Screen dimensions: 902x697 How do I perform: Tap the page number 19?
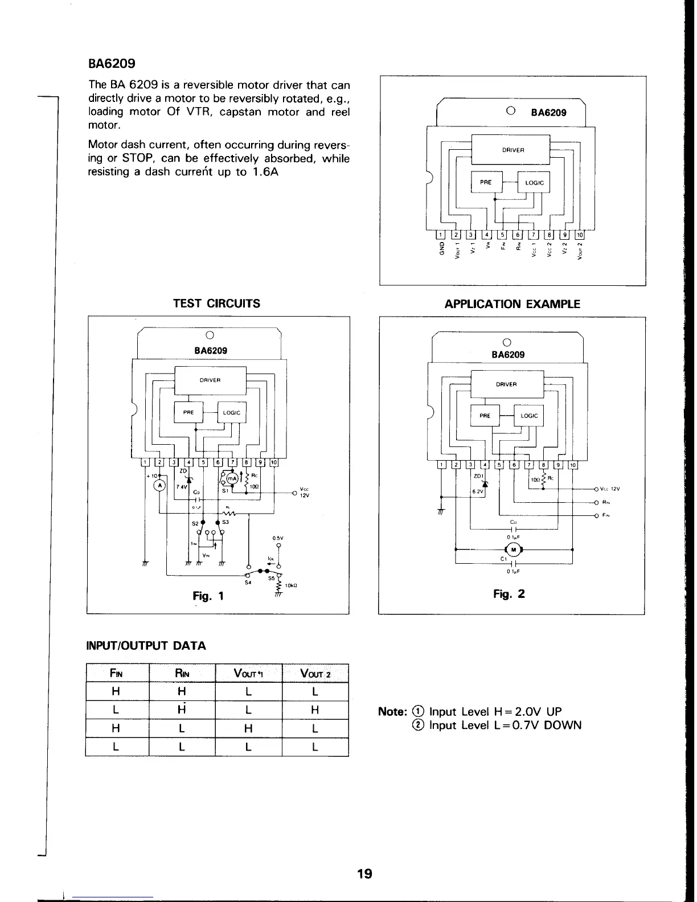click(364, 873)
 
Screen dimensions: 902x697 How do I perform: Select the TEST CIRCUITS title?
click(216, 304)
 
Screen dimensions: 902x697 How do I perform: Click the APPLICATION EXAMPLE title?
click(512, 304)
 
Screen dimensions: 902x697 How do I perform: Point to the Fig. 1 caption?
click(208, 596)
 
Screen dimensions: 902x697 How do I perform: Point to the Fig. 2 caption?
click(509, 594)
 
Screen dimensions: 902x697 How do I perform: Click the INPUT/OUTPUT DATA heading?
click(145, 646)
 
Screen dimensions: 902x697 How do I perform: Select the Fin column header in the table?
click(117, 674)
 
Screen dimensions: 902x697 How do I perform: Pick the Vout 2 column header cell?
click(315, 674)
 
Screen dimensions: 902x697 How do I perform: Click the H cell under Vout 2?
click(315, 710)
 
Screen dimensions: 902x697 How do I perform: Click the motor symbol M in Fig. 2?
click(514, 550)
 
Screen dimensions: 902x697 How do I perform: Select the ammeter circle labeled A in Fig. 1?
click(159, 485)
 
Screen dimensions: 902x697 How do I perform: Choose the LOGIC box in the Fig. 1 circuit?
click(232, 413)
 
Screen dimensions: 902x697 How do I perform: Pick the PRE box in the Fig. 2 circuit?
click(485, 416)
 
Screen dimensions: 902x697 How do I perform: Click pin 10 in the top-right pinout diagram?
click(580, 235)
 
